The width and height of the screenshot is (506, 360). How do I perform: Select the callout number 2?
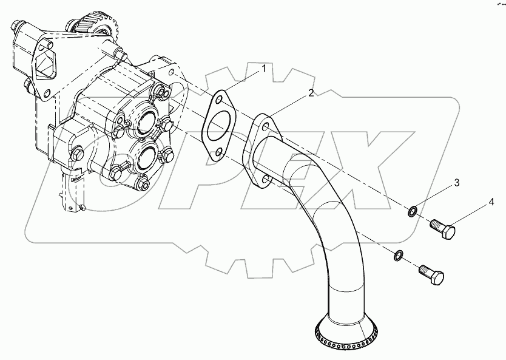pos(311,93)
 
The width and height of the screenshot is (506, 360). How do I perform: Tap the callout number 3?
pos(457,182)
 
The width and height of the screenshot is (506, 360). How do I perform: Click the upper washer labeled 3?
pos(413,211)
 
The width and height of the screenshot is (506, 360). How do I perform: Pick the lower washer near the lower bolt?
pos(398,255)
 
